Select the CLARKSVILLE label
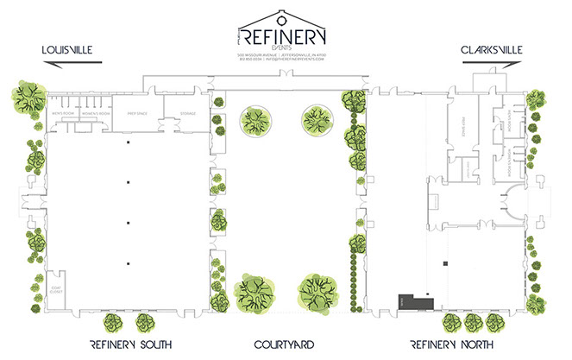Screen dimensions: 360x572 pyautogui.click(x=493, y=49)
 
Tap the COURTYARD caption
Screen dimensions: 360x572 pyautogui.click(x=284, y=345)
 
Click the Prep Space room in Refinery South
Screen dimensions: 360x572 pyautogui.click(x=139, y=112)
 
